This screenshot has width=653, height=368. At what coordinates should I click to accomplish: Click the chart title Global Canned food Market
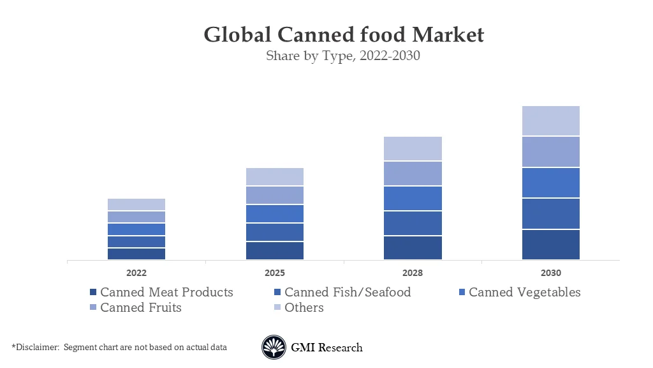[344, 34]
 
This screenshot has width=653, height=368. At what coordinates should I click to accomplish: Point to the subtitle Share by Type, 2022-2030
[343, 56]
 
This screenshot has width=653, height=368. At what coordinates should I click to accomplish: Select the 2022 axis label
[136, 273]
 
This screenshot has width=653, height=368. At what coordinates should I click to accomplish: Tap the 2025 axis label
[275, 273]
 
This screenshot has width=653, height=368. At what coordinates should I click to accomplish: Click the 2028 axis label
[413, 273]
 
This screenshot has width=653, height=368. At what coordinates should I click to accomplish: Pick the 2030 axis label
[551, 273]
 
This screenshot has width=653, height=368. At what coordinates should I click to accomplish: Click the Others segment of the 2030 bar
[551, 121]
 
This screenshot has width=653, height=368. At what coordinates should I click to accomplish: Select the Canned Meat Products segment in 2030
[551, 244]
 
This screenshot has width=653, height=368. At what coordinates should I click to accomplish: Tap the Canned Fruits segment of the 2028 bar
[413, 173]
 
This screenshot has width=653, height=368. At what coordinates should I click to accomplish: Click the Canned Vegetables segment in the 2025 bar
[275, 213]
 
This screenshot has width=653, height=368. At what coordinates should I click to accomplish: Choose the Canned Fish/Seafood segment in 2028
[413, 223]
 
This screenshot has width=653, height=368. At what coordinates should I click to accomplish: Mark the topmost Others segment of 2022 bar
[136, 204]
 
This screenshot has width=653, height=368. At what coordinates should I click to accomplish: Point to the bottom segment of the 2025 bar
[275, 250]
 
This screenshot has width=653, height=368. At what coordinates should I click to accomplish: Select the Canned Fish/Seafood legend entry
[342, 293]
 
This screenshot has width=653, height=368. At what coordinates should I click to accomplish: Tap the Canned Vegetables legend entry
[519, 293]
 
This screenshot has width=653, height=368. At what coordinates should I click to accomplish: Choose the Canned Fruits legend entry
[135, 308]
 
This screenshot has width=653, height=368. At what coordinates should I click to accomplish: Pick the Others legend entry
[298, 308]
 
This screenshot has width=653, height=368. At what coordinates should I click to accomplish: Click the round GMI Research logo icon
[274, 348]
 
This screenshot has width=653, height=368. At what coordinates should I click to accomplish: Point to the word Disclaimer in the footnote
[36, 348]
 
